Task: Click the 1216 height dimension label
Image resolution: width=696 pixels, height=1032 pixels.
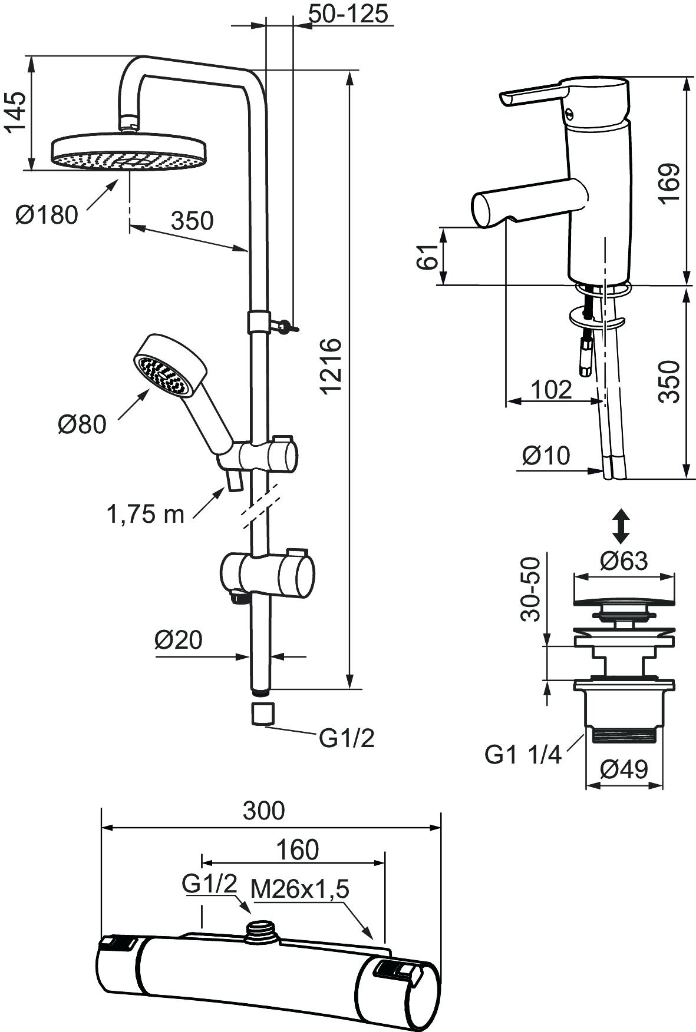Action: pyautogui.click(x=332, y=365)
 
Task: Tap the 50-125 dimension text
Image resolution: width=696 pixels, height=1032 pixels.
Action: pyautogui.click(x=349, y=14)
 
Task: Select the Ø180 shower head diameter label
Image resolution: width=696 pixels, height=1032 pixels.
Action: pyautogui.click(x=47, y=215)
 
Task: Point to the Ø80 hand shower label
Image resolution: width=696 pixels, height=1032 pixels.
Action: pyautogui.click(x=82, y=424)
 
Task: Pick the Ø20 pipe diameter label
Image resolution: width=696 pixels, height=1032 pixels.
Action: pyautogui.click(x=178, y=639)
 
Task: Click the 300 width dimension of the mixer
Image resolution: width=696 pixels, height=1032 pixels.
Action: pyautogui.click(x=263, y=811)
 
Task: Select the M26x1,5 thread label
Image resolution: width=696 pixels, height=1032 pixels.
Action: pyautogui.click(x=300, y=889)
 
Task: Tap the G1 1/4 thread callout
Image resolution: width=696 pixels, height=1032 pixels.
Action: pyautogui.click(x=523, y=754)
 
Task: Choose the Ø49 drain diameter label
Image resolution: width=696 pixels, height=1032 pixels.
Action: pyautogui.click(x=624, y=769)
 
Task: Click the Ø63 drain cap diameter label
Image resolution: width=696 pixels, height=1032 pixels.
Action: pyautogui.click(x=624, y=561)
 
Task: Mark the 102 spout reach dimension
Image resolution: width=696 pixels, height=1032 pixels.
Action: pyautogui.click(x=551, y=389)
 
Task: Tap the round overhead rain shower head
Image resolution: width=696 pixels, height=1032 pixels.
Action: pyautogui.click(x=129, y=152)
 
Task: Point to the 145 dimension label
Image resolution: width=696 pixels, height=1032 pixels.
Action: pyautogui.click(x=16, y=113)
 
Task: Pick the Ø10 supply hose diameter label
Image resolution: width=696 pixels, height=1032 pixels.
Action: pyautogui.click(x=546, y=455)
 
